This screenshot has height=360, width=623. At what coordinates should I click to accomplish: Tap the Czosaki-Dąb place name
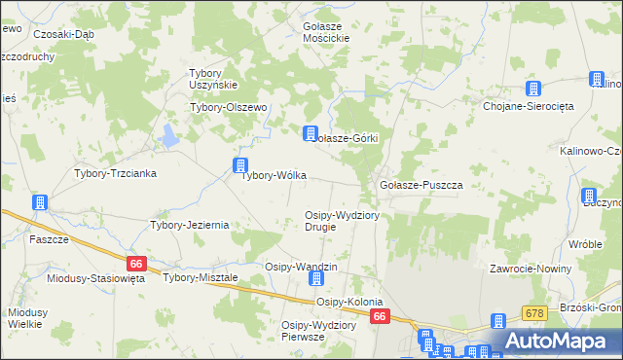coord(63,32)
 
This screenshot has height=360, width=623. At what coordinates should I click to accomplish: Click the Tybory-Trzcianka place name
coord(116,173)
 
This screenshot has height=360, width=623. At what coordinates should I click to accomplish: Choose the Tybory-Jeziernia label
coord(189,225)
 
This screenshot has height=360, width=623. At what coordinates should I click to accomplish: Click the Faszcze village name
coord(49,239)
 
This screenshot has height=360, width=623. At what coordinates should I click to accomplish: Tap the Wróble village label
coord(586,244)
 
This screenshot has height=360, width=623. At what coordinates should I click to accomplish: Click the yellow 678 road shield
coord(533,312)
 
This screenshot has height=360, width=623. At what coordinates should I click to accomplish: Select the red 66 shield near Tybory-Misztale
coord(136,264)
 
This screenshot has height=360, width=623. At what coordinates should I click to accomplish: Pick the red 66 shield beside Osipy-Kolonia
coord(380,316)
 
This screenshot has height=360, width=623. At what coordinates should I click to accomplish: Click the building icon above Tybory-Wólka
coord(239,165)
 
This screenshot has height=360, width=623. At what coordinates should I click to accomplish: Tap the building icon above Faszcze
coord(40,202)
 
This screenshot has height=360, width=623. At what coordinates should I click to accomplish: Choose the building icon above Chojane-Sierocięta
coord(531,88)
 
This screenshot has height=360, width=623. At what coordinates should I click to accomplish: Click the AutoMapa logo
coord(559,342)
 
